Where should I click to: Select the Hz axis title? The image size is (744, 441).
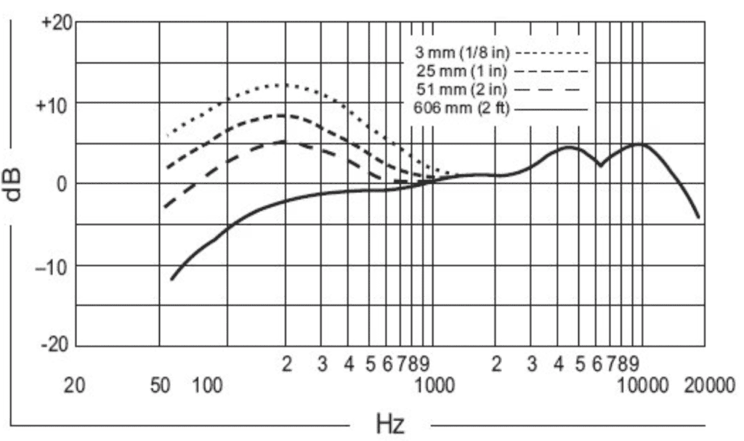coord(390,422)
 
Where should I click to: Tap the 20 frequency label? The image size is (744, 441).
coord(76,385)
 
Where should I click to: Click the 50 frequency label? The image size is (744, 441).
coord(159,385)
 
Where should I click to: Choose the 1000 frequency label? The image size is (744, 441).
coord(434,385)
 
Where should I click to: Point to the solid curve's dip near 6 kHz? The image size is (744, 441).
coord(600,165)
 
